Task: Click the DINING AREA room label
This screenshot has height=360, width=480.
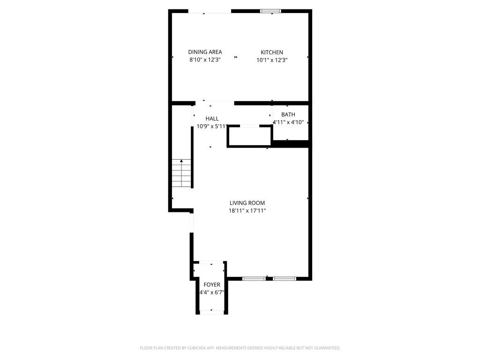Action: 205,52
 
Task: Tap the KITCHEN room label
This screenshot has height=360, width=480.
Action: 272,52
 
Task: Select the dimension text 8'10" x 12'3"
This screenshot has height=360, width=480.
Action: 205,60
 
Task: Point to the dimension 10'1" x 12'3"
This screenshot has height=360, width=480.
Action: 272,60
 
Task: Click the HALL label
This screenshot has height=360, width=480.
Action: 212,119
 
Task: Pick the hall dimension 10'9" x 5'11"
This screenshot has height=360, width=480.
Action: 212,126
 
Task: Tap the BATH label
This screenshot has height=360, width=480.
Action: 288,114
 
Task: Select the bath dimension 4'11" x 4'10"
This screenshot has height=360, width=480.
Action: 288,122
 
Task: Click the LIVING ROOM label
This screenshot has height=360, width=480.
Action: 247,203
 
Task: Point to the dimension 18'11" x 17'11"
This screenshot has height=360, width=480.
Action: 247,210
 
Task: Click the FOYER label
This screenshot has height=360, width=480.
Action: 212,285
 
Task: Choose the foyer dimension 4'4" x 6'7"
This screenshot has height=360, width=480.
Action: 212,292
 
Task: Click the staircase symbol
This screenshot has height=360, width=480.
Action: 181,173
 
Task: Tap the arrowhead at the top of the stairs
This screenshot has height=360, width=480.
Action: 181,161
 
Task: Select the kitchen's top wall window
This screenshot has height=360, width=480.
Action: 271,11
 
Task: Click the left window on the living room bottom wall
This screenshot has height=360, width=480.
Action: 254,279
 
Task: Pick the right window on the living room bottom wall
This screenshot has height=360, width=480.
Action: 285,279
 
